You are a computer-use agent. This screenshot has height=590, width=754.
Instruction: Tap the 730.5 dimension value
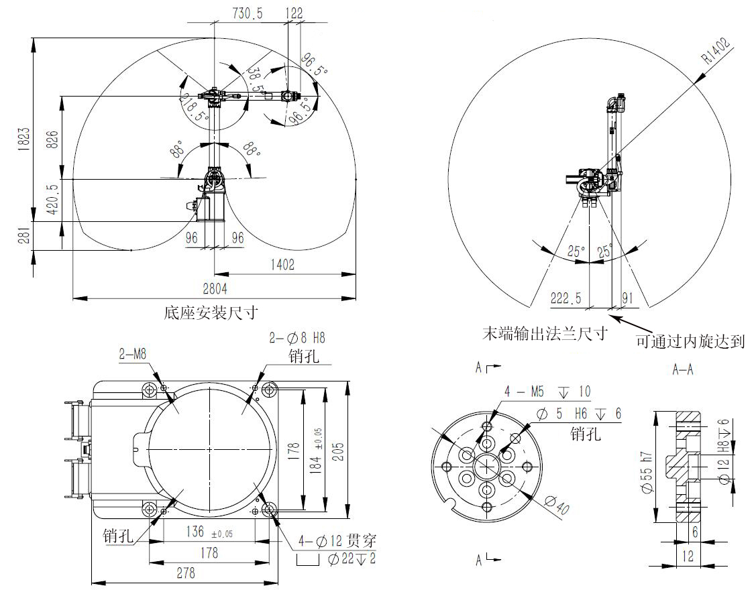point(248,13)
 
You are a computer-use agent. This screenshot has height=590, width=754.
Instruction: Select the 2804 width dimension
point(215,288)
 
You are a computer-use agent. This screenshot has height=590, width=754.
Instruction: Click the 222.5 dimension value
point(565,298)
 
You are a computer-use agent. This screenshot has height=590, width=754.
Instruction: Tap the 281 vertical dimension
point(25,236)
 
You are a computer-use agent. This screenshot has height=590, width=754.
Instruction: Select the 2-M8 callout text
point(133,354)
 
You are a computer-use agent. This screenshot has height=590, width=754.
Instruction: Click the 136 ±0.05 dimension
point(209,532)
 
